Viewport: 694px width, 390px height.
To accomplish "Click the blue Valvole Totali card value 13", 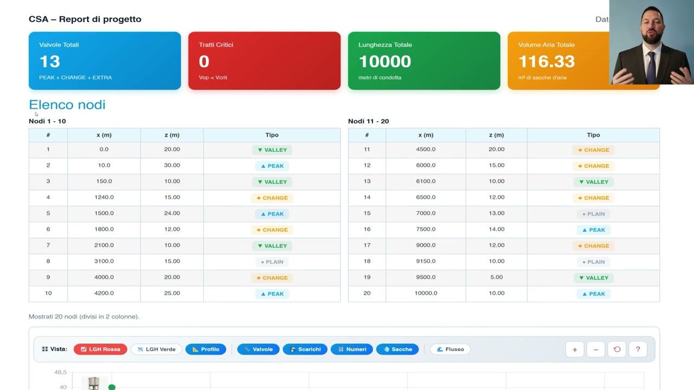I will [49, 61].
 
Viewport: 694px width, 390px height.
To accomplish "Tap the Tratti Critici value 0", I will [204, 61].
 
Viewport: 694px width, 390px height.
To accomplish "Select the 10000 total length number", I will [384, 61].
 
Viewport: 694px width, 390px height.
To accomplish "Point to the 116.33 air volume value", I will [547, 61].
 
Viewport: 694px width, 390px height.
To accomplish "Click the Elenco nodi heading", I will [67, 105].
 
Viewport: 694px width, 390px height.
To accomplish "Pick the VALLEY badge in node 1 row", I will [272, 150].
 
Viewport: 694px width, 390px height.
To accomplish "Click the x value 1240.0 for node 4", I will [104, 197].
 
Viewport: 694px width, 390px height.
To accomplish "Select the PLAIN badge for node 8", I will [272, 262].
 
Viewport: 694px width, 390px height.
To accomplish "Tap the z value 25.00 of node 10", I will [172, 293].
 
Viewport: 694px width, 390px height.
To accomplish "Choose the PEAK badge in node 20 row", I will [593, 294].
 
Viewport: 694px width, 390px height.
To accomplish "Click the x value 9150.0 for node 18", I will [426, 261].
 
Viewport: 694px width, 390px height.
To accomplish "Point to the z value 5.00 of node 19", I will [496, 277].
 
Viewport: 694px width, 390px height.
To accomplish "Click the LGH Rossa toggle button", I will [100, 349].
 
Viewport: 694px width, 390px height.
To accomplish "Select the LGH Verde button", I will [156, 349].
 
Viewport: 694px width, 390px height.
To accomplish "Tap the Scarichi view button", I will [305, 349].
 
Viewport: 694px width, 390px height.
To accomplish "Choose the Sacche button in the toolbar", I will [397, 349].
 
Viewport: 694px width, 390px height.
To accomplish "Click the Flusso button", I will [450, 349].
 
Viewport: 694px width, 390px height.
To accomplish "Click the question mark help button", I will [638, 349].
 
